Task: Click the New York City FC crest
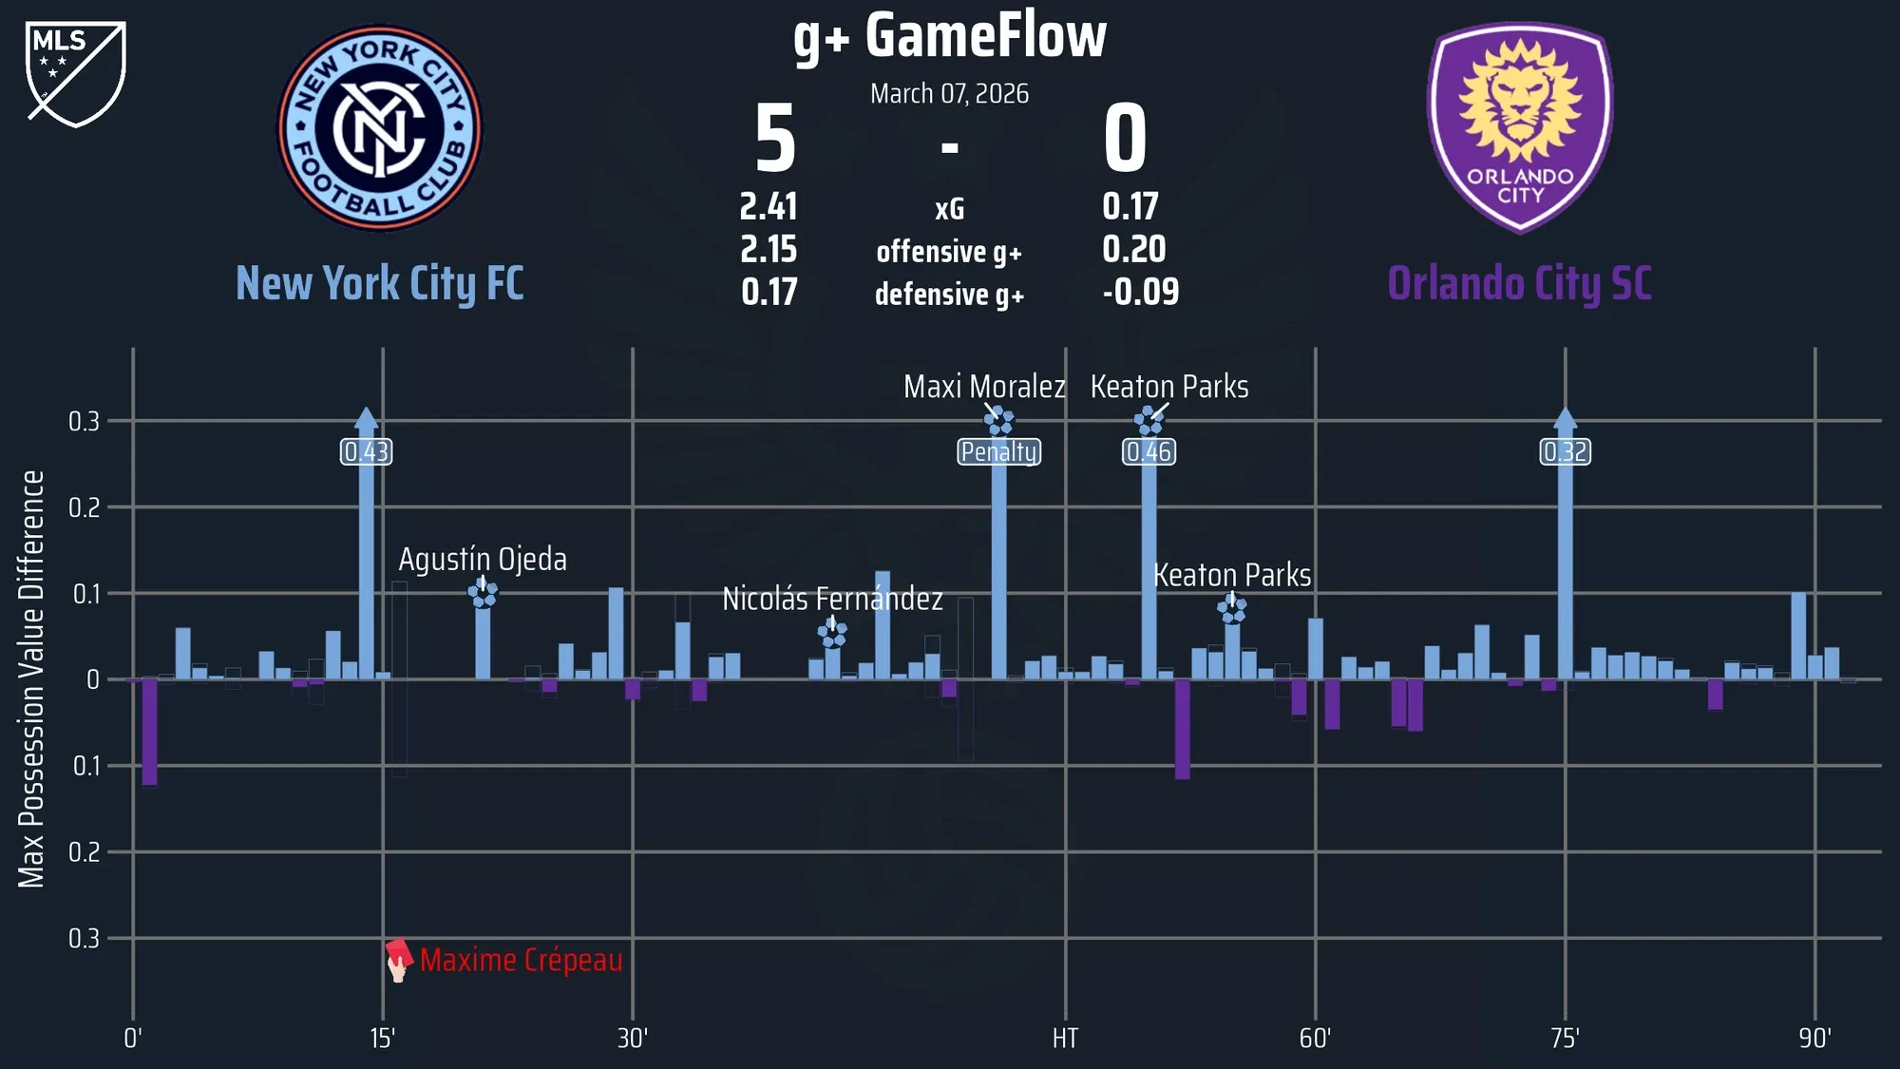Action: (x=380, y=127)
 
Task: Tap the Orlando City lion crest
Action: (x=1520, y=127)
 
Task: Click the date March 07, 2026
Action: (x=950, y=94)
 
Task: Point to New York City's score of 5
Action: (x=775, y=140)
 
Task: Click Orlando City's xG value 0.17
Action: (x=1130, y=207)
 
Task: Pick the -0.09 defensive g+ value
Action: (x=1140, y=293)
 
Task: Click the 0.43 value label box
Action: (x=367, y=451)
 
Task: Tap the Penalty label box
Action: (x=998, y=451)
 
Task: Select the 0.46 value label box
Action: (x=1149, y=451)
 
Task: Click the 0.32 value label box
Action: (x=1565, y=451)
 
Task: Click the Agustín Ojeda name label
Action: (x=483, y=560)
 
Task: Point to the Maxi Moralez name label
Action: (x=984, y=387)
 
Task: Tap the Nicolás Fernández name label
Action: (x=832, y=600)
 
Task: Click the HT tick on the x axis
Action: (x=1065, y=1039)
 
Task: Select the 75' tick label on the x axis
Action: (x=1565, y=1039)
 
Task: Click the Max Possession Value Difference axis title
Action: (x=32, y=679)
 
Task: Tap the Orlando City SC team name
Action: (x=1520, y=284)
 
